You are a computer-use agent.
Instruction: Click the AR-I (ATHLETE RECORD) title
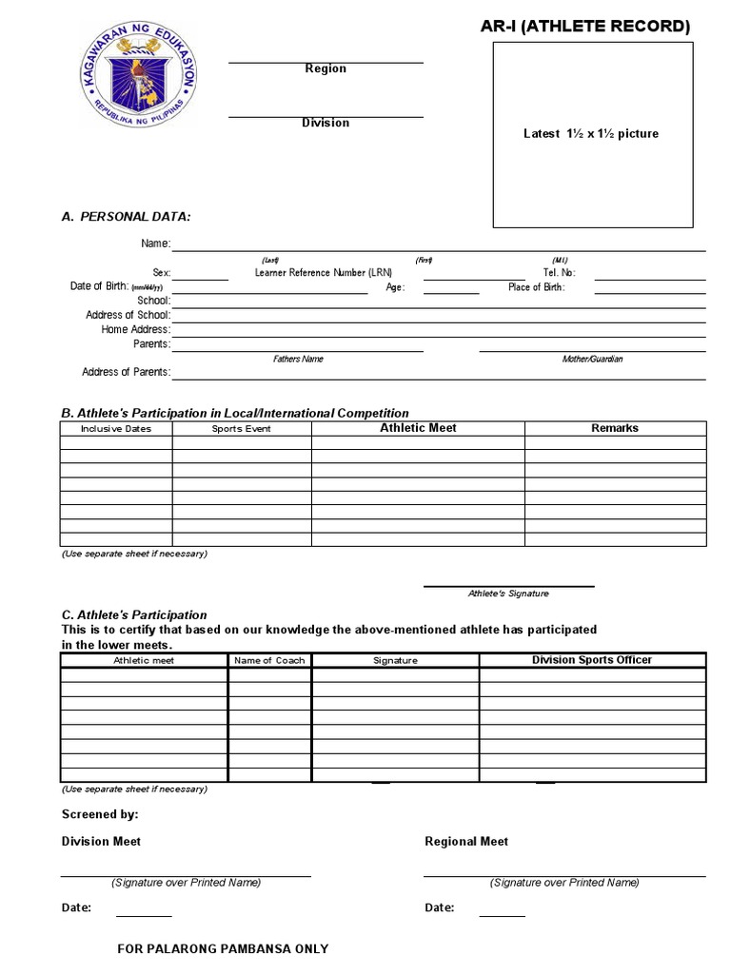click(x=585, y=27)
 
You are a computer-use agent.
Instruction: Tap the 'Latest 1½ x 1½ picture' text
click(x=591, y=134)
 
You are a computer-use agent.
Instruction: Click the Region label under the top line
click(x=326, y=68)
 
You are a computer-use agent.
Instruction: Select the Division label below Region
click(x=326, y=123)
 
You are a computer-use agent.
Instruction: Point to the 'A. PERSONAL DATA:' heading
click(x=126, y=217)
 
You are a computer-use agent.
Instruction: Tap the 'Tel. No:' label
click(x=560, y=273)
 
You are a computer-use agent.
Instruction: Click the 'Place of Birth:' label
click(x=536, y=287)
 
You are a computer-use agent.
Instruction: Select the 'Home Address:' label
click(x=136, y=330)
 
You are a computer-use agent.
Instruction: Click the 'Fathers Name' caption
click(x=298, y=360)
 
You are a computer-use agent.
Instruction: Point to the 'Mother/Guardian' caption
click(x=592, y=360)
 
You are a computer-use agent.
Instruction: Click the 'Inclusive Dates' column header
click(x=116, y=429)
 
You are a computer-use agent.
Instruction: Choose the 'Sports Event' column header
click(x=242, y=429)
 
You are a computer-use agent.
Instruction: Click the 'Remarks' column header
click(x=615, y=428)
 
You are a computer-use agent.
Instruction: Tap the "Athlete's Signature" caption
click(x=508, y=594)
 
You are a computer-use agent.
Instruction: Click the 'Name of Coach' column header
click(x=269, y=660)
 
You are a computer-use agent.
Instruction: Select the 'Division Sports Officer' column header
click(x=592, y=659)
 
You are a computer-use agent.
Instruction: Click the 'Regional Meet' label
click(x=466, y=842)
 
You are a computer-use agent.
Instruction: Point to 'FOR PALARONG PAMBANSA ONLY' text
click(x=223, y=949)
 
